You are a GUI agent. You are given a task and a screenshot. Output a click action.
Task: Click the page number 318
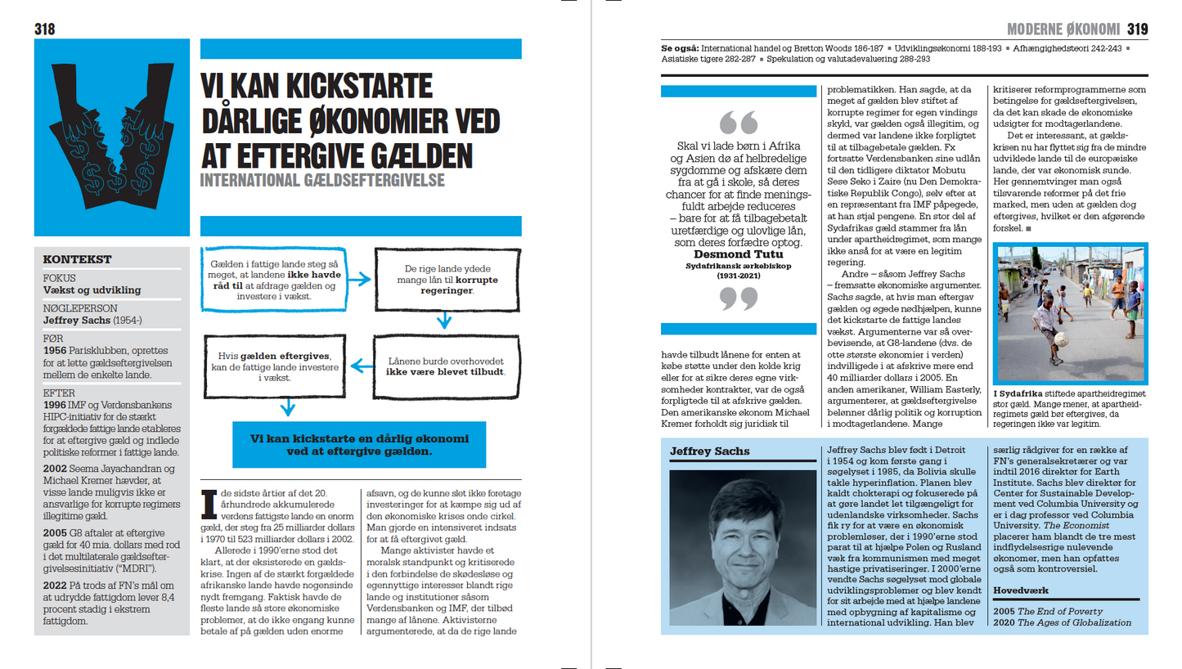pos(45,29)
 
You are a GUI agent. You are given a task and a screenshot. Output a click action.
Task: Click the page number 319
pos(1137,29)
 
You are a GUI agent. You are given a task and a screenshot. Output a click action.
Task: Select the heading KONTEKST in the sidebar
pos(77,260)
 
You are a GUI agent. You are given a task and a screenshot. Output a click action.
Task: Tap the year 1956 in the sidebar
pos(56,350)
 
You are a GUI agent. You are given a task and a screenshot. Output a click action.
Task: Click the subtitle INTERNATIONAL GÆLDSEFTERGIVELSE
pos(322,179)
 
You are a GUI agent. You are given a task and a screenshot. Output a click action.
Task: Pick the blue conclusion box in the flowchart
pos(359,445)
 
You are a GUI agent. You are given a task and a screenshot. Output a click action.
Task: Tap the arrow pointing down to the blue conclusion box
pos(286,406)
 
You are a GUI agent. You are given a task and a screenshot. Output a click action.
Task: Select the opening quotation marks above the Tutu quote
pos(739,123)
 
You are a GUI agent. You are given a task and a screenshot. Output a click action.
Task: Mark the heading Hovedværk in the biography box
pos(1020,590)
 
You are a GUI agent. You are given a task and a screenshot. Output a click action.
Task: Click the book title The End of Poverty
pos(1061,612)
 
